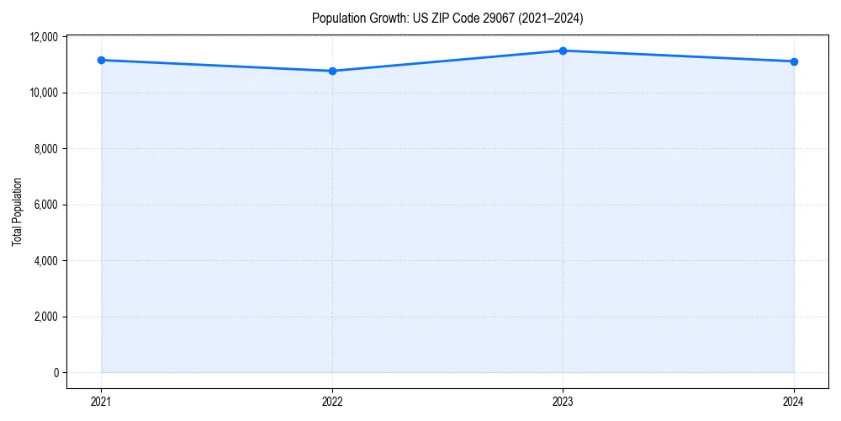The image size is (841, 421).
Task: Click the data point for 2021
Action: coord(101,60)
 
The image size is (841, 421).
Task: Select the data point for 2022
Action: coord(332,71)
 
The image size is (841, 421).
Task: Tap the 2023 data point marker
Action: coord(563,51)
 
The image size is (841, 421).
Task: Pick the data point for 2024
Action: coord(794,61)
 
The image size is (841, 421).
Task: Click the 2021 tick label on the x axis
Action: coord(101,401)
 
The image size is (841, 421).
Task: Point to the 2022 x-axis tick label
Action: coord(332,401)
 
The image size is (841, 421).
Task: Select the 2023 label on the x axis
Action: coord(563,401)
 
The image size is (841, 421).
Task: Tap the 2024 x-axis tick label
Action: coord(794,401)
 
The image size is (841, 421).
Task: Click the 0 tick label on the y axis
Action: coord(56,373)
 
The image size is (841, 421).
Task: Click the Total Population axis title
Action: coord(17,211)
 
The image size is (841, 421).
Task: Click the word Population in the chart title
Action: coord(335,18)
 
